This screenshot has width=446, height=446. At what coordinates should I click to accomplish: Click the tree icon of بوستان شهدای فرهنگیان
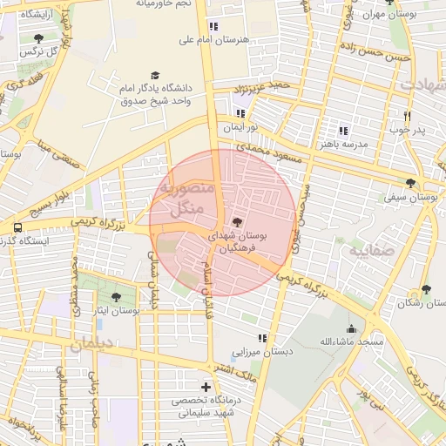238,221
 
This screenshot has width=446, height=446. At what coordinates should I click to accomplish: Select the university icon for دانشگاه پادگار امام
155,76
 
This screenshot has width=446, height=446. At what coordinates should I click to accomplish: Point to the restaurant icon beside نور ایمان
240,113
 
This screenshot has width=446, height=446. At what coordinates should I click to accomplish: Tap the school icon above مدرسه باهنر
343,130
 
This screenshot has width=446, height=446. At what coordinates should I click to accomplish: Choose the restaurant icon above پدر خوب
407,116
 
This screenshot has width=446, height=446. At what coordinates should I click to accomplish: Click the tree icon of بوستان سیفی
410,183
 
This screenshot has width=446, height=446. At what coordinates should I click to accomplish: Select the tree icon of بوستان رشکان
425,289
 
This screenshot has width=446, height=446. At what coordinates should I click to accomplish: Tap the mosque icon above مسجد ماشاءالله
351,328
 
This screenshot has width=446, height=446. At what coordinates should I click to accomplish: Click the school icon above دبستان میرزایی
261,338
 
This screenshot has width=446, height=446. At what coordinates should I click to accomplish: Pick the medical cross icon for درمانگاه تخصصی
206,386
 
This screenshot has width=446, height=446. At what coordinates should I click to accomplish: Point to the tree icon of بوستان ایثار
116,297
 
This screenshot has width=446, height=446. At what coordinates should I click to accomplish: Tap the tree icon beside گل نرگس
38,38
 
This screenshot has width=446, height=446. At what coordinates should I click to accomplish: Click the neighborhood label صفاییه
373,252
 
